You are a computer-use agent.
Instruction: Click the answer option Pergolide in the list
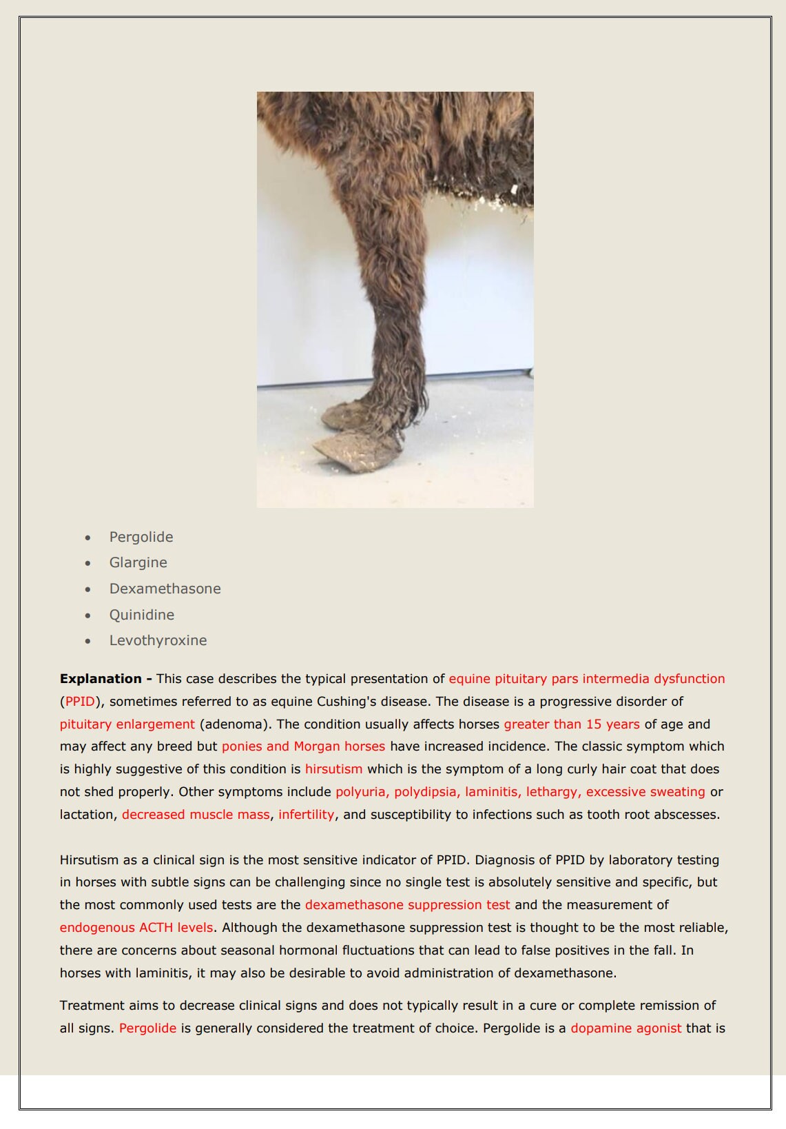click(x=141, y=537)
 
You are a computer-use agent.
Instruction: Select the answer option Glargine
click(x=138, y=562)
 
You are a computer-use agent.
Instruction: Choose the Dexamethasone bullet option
click(x=165, y=589)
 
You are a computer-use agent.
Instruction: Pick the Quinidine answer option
click(x=141, y=615)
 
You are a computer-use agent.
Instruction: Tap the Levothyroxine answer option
click(x=158, y=640)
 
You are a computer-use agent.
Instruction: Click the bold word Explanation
click(x=101, y=679)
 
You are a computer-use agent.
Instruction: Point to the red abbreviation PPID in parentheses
click(x=79, y=702)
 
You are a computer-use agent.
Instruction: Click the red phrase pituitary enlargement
click(x=127, y=724)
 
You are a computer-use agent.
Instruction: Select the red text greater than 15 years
click(x=572, y=724)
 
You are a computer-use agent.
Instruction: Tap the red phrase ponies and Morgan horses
click(x=303, y=746)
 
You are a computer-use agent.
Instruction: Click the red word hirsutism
click(x=333, y=769)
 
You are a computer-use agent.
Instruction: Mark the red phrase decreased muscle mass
click(x=196, y=815)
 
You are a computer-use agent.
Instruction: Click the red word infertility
click(x=307, y=815)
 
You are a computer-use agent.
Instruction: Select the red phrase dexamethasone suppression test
click(x=408, y=905)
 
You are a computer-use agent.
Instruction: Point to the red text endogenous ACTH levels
click(x=136, y=928)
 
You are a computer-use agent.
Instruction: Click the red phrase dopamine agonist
click(x=626, y=1028)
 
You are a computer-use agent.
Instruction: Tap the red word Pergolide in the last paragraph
click(x=147, y=1028)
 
